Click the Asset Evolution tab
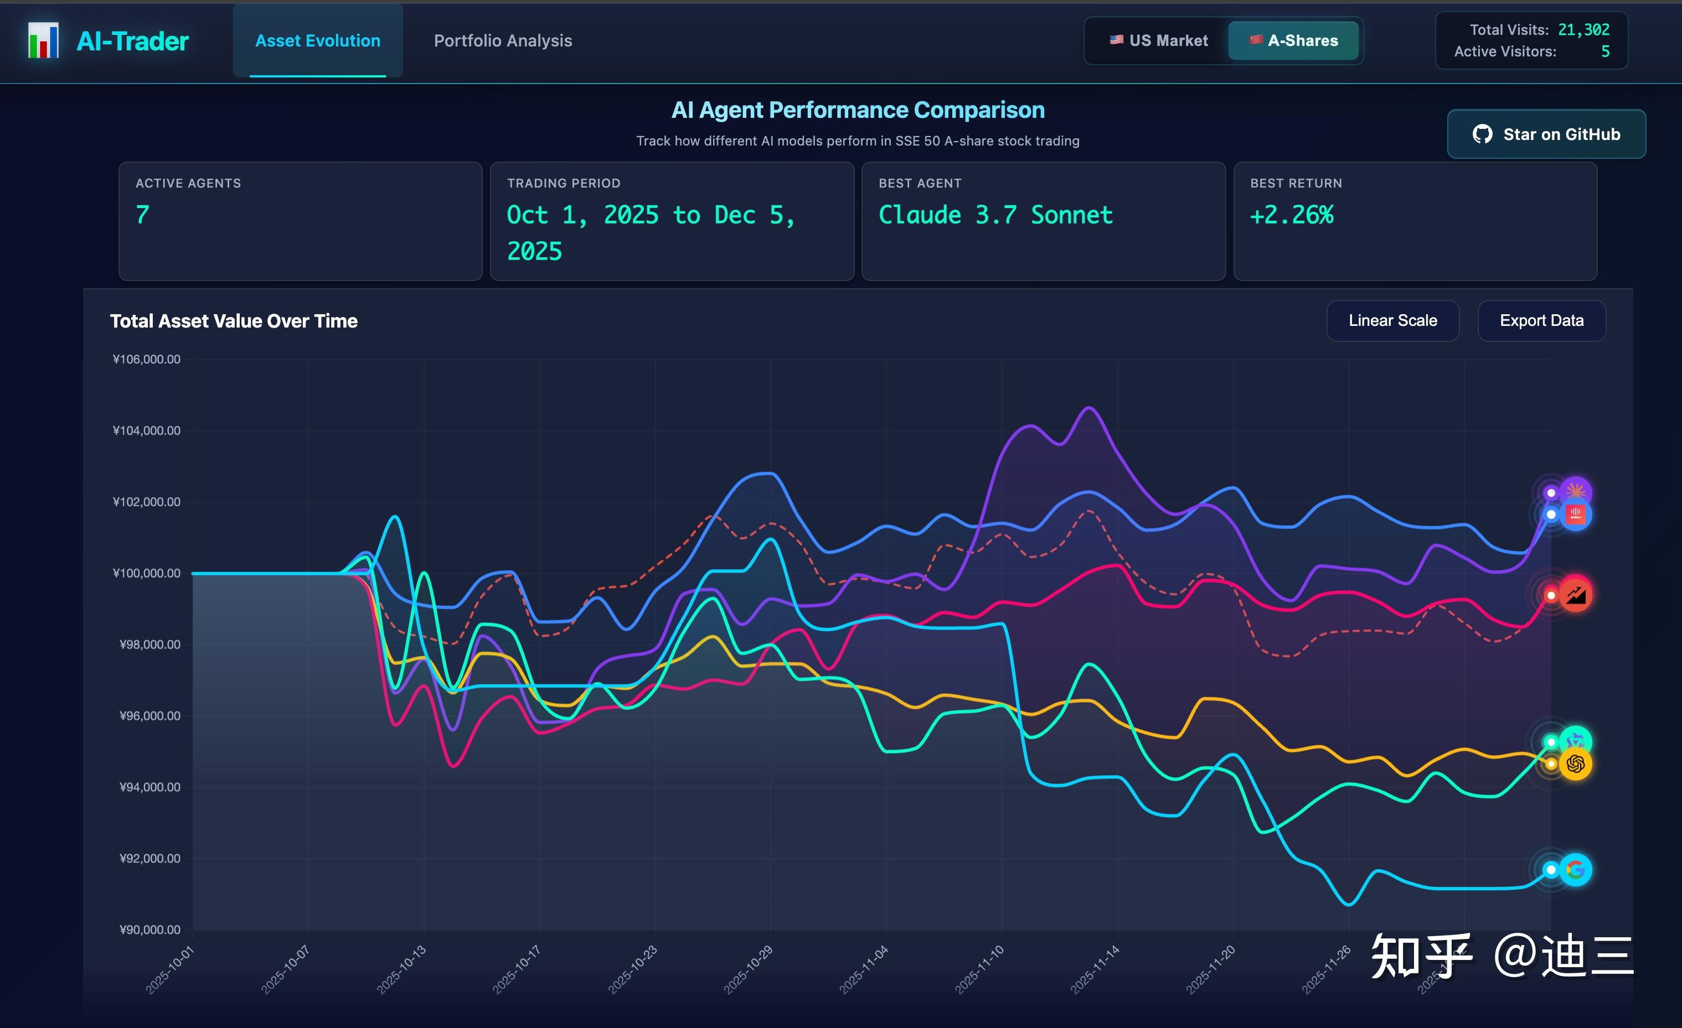(317, 41)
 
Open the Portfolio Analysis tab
(503, 41)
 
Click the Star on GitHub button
(1546, 134)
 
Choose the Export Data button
(1541, 320)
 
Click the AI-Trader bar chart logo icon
(43, 41)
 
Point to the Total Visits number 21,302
(1583, 30)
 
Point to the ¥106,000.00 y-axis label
(147, 360)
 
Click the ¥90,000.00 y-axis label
(149, 930)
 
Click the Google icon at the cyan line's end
(1576, 870)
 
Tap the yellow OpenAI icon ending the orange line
(1576, 764)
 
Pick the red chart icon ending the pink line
(1576, 595)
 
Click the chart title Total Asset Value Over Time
(234, 321)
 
